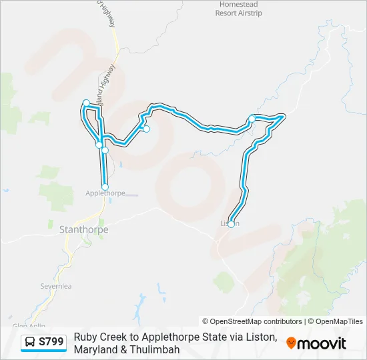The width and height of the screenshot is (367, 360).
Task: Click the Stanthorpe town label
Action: pyautogui.click(x=83, y=230)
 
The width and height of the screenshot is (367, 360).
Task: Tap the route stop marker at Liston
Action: pyautogui.click(x=231, y=224)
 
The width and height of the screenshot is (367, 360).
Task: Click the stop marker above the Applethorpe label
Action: pyautogui.click(x=105, y=187)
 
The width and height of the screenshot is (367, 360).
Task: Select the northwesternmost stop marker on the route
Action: pyautogui.click(x=85, y=102)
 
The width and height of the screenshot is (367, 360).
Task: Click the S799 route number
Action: pyautogui.click(x=51, y=343)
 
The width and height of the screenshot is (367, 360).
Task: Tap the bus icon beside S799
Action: pyautogui.click(x=31, y=343)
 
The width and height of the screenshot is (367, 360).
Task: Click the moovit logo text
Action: pyautogui.click(x=322, y=343)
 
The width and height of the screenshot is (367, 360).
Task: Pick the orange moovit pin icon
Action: pyautogui.click(x=291, y=343)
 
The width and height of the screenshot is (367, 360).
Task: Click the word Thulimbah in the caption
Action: pyautogui.click(x=157, y=349)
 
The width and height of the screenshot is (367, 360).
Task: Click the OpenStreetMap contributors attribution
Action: pyautogui.click(x=252, y=321)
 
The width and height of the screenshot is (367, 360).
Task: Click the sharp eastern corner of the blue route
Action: pyautogui.click(x=284, y=117)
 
